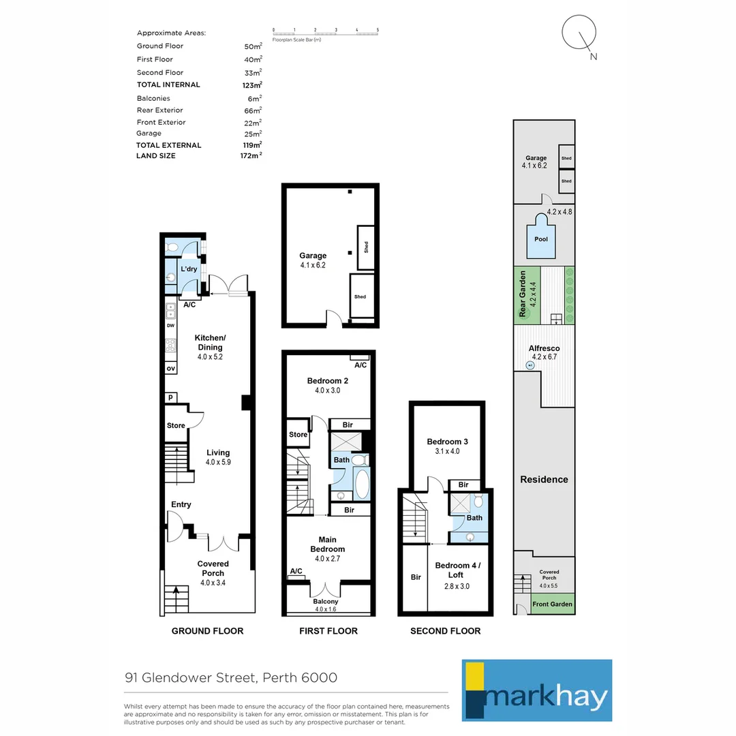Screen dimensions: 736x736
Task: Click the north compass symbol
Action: pos(580,34)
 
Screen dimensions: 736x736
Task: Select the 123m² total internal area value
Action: pos(253,85)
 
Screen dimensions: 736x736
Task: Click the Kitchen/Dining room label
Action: pos(209,343)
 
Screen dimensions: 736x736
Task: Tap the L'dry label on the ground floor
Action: pos(189,269)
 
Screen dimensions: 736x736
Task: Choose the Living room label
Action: pos(218,453)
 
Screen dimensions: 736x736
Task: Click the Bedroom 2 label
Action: pos(327,380)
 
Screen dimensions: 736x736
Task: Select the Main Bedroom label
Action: pos(327,545)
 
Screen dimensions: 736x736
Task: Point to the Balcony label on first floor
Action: pos(325,602)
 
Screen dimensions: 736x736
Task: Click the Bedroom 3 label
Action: pos(447,441)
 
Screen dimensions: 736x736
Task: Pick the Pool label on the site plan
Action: pos(540,239)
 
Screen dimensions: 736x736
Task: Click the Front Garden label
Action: pos(552,604)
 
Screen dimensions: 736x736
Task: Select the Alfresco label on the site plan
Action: pos(544,348)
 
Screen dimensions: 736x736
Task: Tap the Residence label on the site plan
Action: pos(544,480)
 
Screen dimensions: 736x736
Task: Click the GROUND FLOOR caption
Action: pos(207,631)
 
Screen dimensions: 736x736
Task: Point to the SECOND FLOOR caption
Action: pos(445,631)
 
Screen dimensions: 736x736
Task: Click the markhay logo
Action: pos(536,690)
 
